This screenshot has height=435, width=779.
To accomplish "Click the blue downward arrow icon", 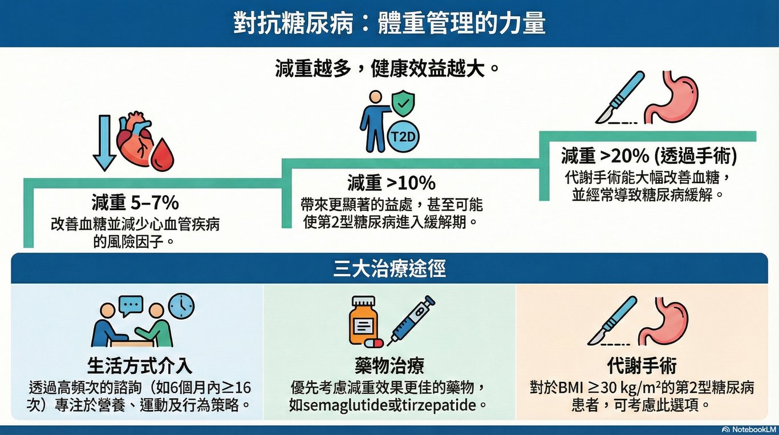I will tap(104, 143).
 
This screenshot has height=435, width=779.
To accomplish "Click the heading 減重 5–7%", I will tap(135, 203).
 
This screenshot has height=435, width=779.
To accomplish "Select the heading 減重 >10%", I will tap(391, 183).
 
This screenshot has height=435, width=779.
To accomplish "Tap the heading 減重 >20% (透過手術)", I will tap(649, 155).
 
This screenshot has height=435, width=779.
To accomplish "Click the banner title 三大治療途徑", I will tap(389, 269).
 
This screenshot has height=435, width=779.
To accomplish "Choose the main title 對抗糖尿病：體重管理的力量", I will tap(389, 23).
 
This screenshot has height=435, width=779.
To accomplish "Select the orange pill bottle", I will tap(363, 322).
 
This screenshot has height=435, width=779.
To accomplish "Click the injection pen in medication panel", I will tap(411, 320).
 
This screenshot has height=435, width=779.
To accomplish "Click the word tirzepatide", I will tap(438, 407).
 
